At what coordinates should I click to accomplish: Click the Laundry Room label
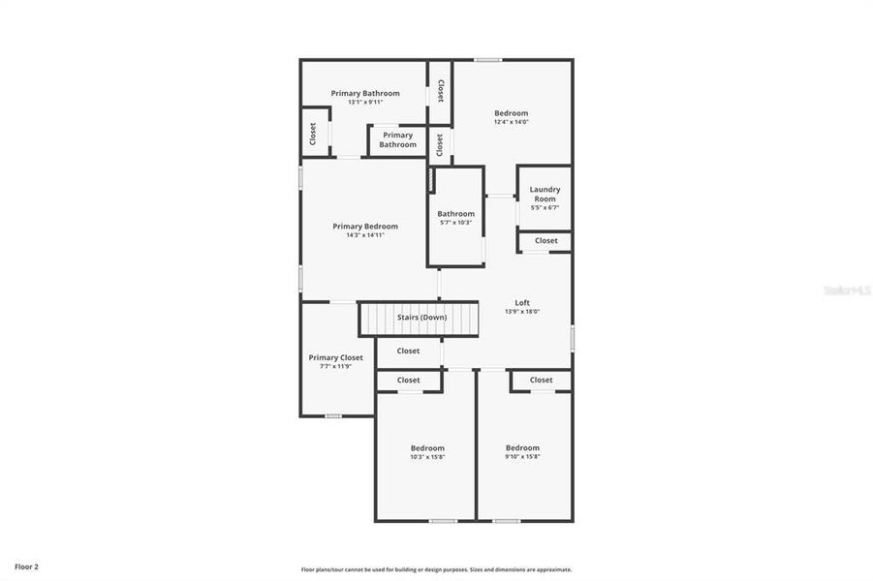point(545,194)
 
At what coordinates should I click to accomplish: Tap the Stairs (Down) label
point(421,318)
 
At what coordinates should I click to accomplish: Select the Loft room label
point(522,302)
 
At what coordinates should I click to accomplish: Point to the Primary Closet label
point(335,357)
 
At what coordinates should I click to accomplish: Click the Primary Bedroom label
point(365,226)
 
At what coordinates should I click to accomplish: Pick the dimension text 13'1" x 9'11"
point(365,102)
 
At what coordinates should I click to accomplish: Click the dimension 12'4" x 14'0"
point(511,122)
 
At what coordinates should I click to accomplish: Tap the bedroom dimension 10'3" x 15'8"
point(427,457)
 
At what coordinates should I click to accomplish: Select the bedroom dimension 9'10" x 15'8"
point(522,457)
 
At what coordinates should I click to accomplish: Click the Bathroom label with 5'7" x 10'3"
point(455,214)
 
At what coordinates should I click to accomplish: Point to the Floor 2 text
point(26,566)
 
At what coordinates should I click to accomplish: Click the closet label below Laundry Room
point(546,240)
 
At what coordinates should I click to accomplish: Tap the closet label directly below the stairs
point(408,351)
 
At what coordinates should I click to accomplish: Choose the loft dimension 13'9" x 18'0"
point(522,312)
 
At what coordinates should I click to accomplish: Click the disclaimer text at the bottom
point(436,569)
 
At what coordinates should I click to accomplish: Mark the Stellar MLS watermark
point(846,290)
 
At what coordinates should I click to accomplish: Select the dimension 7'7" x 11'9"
point(335,366)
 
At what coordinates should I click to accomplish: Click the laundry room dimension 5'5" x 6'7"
point(545,207)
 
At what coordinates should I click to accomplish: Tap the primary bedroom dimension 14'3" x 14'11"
point(365,235)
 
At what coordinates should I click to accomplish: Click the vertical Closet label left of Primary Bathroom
point(313,134)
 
